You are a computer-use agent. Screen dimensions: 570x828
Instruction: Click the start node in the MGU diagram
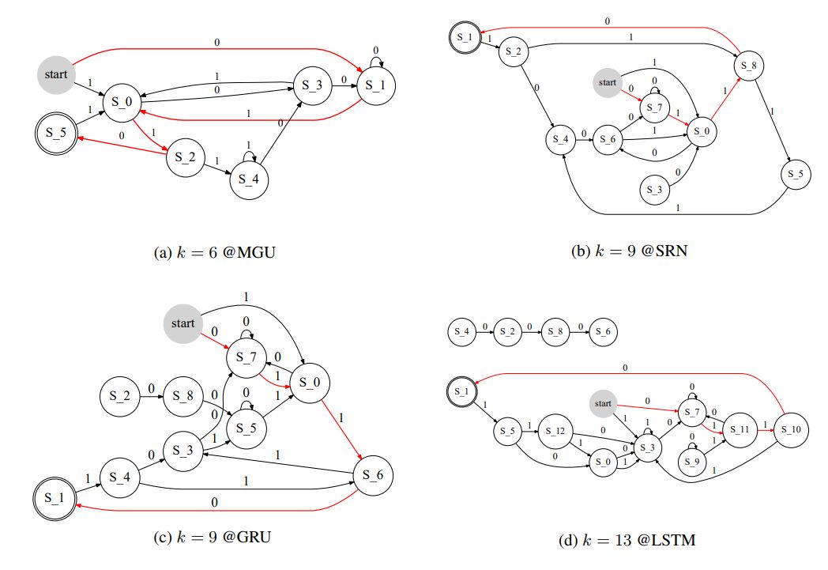55,75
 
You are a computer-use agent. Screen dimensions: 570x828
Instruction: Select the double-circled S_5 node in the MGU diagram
55,132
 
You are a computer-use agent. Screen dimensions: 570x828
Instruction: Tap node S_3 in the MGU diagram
314,85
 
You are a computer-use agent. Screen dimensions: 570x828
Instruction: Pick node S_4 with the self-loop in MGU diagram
249,179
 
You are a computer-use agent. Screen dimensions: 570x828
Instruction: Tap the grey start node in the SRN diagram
607,82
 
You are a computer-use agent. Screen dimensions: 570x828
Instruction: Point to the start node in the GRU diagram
183,323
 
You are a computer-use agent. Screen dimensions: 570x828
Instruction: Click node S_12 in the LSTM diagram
557,431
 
